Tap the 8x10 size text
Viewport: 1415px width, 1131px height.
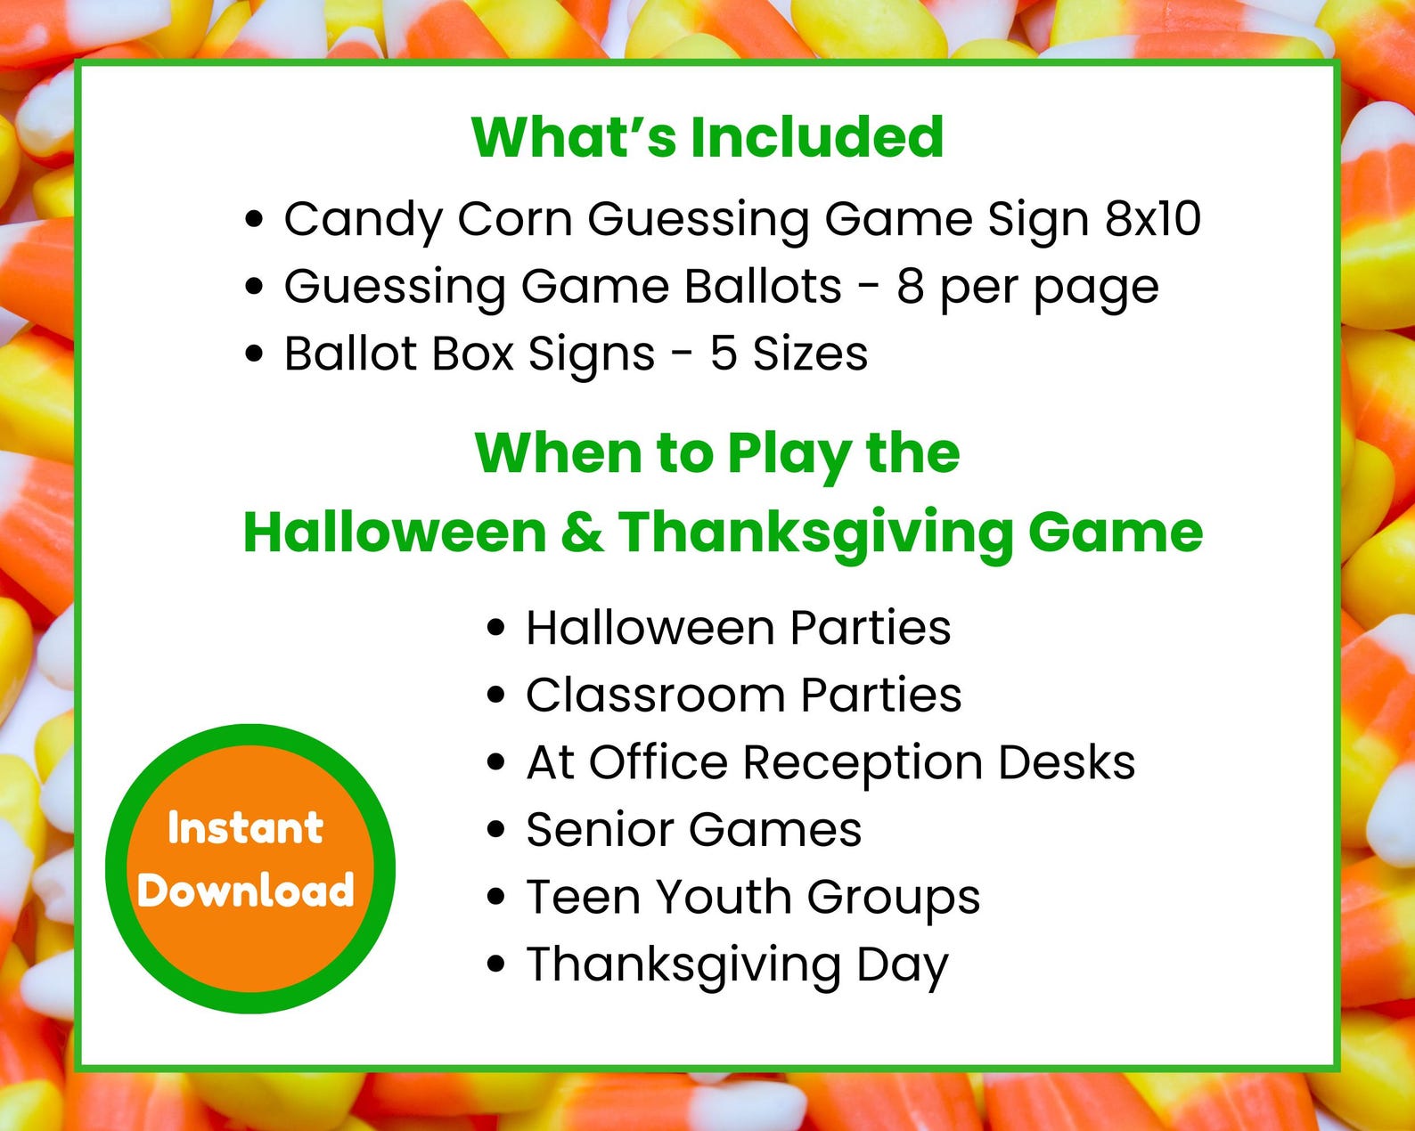[1153, 219]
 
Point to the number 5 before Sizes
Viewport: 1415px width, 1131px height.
[723, 354]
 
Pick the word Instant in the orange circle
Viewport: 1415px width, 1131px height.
[245, 828]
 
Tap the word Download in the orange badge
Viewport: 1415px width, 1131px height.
[246, 891]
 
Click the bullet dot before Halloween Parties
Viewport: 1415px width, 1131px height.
[496, 628]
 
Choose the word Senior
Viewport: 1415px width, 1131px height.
[599, 830]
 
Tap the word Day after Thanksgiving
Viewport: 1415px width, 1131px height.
[902, 965]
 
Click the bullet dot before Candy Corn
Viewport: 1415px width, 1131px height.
[255, 219]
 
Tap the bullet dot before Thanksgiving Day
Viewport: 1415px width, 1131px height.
[496, 964]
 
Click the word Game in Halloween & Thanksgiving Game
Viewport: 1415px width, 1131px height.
[1115, 533]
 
